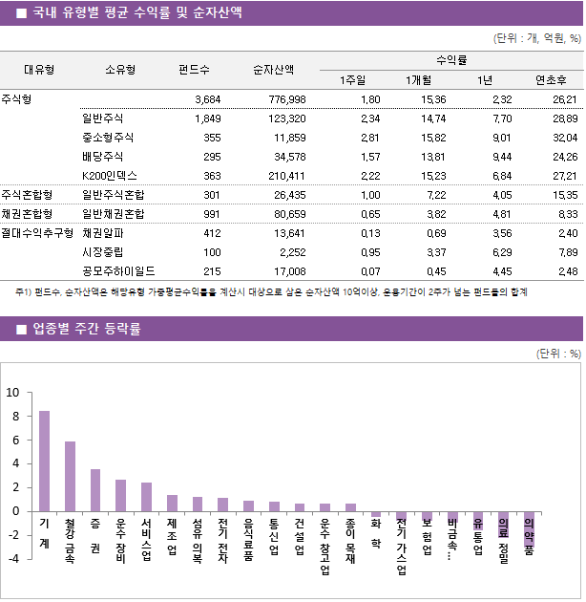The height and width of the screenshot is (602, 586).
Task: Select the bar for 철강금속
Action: [71, 476]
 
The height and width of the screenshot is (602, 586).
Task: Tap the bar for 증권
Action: [95, 489]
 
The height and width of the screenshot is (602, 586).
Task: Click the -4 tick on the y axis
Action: [12, 558]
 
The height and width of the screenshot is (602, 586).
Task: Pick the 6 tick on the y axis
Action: [14, 440]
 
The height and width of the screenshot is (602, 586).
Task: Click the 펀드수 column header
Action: [195, 70]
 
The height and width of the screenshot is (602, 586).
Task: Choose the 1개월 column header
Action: [420, 80]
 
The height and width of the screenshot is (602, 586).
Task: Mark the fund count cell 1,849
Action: [207, 118]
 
